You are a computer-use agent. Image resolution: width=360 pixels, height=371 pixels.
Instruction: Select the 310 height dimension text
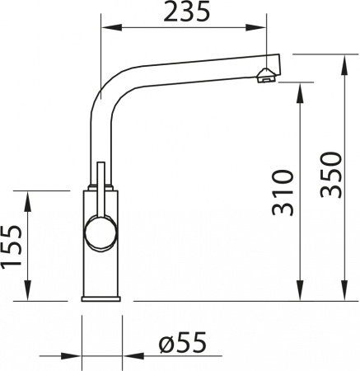[282, 191]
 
